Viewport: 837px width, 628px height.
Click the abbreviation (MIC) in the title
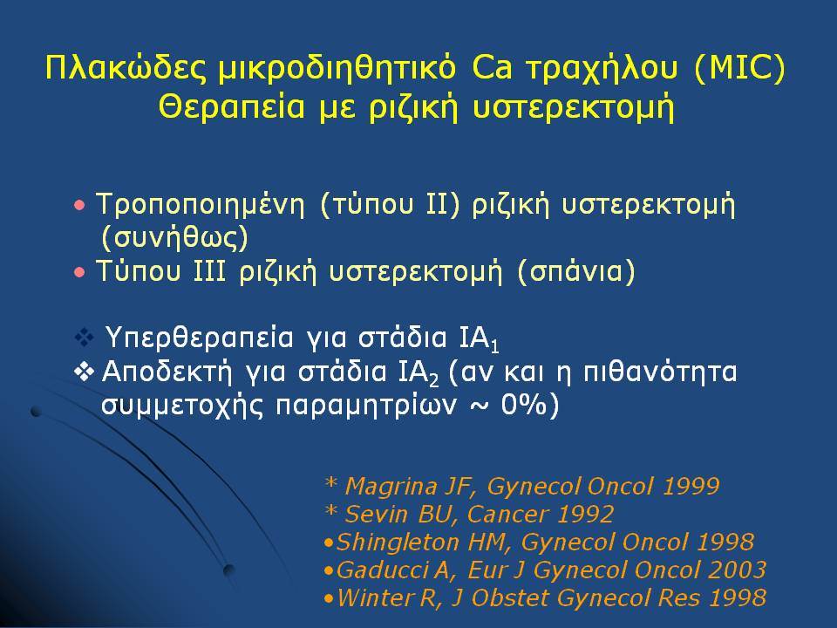coord(740,69)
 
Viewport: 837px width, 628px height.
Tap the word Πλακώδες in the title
coord(126,68)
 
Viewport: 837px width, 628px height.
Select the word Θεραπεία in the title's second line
coord(232,106)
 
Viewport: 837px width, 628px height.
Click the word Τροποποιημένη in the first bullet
coord(201,205)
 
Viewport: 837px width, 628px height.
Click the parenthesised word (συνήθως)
coord(174,238)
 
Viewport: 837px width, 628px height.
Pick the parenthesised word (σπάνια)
coord(576,271)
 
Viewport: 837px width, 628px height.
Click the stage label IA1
coord(479,339)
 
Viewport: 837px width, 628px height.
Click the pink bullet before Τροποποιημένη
coord(79,205)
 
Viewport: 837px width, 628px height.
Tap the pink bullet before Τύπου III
coord(79,272)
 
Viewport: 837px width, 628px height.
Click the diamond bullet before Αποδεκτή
coord(85,372)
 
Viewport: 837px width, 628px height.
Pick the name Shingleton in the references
coord(398,543)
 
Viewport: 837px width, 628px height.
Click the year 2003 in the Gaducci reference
coord(738,570)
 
